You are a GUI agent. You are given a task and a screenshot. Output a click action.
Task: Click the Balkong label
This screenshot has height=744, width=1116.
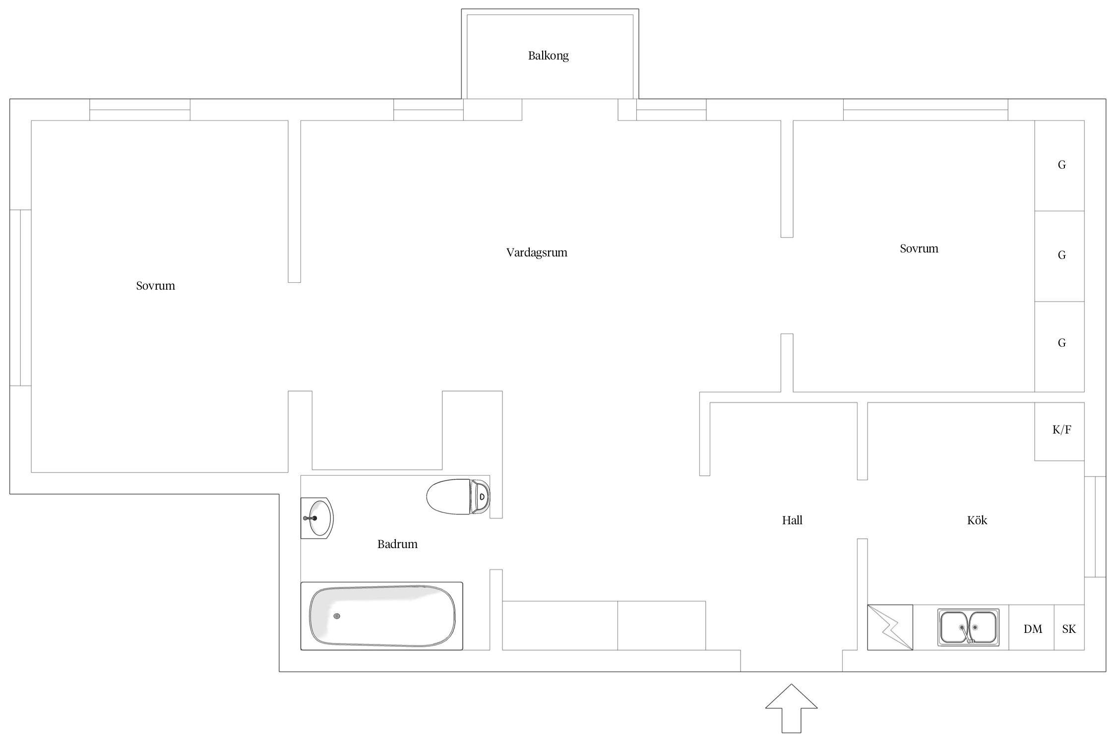click(548, 56)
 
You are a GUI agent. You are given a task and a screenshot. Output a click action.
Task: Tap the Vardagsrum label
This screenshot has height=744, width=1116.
click(537, 252)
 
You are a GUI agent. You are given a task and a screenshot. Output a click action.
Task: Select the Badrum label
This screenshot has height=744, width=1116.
click(397, 544)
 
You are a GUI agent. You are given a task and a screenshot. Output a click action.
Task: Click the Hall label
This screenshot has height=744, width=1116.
click(792, 520)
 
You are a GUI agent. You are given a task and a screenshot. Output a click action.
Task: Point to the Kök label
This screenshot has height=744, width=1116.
click(977, 520)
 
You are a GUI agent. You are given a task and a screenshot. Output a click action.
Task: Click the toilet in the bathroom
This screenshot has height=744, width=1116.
click(458, 496)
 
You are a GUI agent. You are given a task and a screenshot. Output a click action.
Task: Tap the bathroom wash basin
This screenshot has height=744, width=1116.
click(317, 518)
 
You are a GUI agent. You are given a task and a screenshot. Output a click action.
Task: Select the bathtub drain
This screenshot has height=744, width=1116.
click(337, 616)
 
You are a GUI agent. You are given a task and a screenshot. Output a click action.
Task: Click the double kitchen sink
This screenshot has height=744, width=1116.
click(968, 627)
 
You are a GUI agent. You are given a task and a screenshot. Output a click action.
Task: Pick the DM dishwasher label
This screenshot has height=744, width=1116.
click(1033, 629)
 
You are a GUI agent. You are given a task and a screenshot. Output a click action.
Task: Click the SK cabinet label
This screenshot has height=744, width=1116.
click(1069, 629)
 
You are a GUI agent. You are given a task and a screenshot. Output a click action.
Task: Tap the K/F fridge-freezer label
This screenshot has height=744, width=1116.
click(1061, 430)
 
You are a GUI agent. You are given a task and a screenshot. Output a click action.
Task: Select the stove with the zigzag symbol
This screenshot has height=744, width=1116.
click(890, 627)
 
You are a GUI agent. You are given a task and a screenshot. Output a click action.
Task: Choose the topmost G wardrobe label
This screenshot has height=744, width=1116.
click(1061, 165)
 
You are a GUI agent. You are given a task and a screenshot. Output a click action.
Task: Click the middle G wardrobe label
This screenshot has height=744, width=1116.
click(1061, 255)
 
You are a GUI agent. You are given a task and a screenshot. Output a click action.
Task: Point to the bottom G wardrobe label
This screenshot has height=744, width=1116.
click(1061, 343)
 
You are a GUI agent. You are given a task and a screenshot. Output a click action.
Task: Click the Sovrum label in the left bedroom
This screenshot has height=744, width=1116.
click(155, 286)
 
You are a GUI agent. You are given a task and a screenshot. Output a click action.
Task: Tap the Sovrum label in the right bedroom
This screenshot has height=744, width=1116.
click(919, 248)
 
